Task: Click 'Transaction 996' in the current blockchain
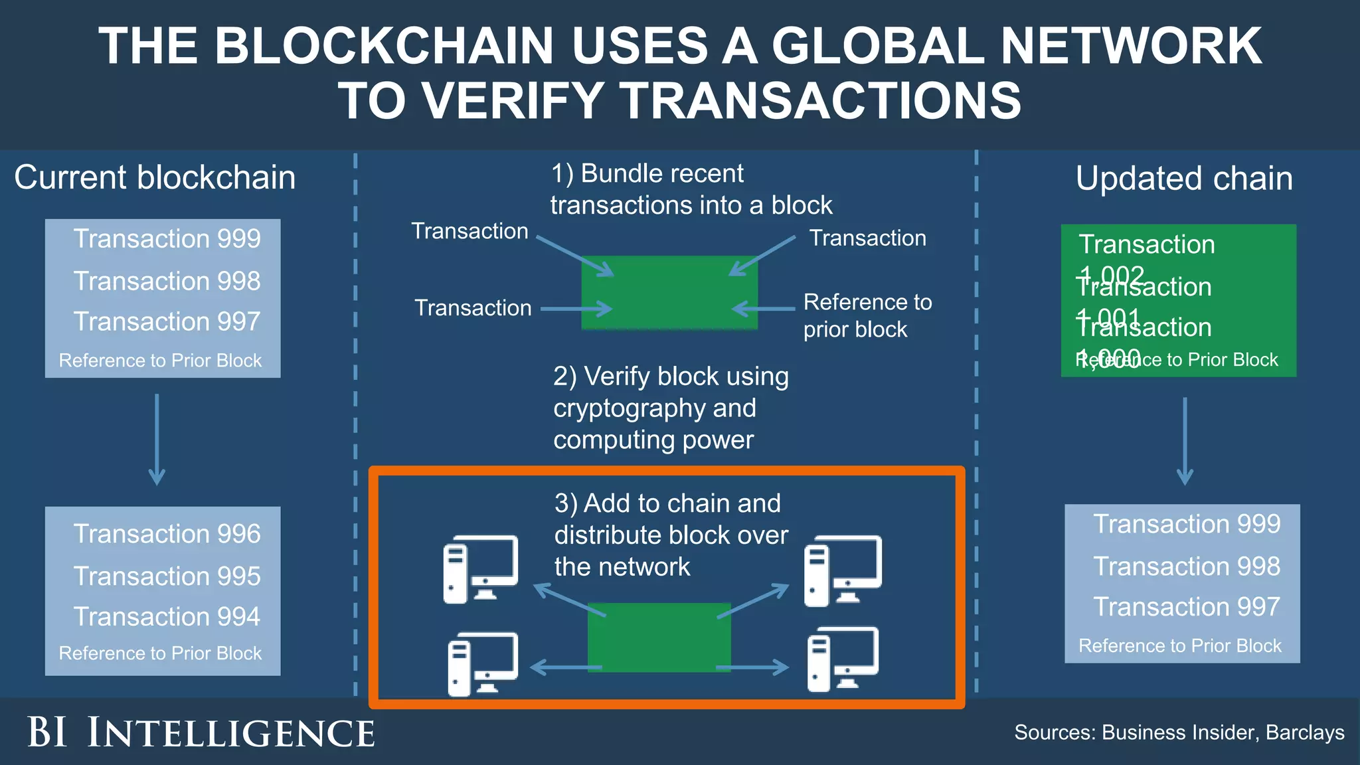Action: point(167,534)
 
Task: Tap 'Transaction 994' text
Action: point(167,617)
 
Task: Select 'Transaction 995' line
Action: point(167,576)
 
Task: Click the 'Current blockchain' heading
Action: point(155,178)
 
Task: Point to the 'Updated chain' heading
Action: point(1184,179)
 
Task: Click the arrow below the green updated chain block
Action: point(1185,441)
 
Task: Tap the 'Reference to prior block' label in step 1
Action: point(867,315)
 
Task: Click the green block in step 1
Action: point(669,293)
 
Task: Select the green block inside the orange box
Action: point(659,637)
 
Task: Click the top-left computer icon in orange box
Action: point(480,568)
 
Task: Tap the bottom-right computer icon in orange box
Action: point(843,659)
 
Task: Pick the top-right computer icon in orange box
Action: point(843,570)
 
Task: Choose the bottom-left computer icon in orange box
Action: point(483,663)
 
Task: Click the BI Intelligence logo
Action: point(201,733)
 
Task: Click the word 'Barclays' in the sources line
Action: point(1304,732)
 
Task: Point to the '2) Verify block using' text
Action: point(671,377)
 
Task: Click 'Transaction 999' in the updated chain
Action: point(1186,524)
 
